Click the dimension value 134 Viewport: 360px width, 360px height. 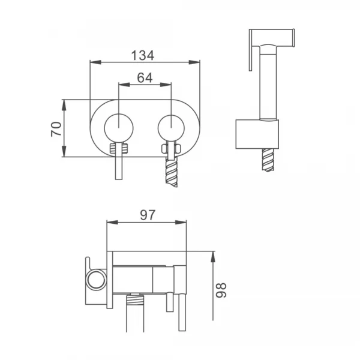[143, 55]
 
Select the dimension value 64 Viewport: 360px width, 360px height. [145, 77]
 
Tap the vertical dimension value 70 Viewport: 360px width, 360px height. [56, 128]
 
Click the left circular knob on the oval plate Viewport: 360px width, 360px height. [119, 128]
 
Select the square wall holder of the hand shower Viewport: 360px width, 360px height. [257, 133]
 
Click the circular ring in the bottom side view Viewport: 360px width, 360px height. [94, 279]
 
